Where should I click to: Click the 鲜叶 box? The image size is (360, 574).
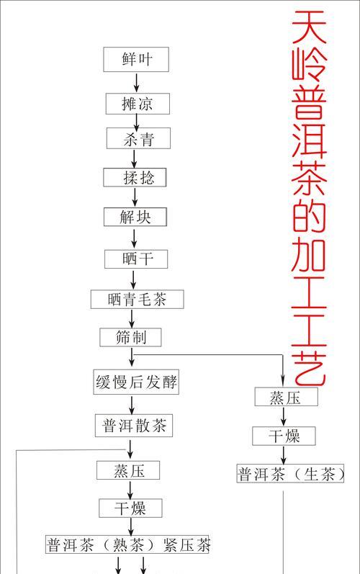[136, 59]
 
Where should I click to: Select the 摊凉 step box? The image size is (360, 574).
[138, 104]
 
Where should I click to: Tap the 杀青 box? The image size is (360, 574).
[138, 138]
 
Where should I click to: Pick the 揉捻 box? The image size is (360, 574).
[135, 178]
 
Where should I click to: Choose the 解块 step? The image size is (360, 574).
[135, 217]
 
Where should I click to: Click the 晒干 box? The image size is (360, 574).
[136, 259]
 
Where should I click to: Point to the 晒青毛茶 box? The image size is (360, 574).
[138, 300]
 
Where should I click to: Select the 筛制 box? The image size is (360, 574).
[130, 337]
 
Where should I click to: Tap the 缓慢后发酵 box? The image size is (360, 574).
[136, 382]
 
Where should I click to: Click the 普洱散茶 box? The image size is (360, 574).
[134, 426]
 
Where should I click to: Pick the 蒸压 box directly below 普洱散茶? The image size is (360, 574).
[128, 470]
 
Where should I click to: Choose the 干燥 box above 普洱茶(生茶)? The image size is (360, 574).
[284, 436]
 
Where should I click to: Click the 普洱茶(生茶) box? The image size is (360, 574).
[290, 474]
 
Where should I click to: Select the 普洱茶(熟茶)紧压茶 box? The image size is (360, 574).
[127, 544]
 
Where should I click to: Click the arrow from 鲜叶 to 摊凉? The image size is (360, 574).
[137, 82]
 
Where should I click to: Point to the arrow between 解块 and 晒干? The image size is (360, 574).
[134, 238]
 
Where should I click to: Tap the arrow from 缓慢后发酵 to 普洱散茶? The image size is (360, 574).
[131, 405]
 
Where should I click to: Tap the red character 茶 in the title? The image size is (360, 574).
[309, 179]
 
